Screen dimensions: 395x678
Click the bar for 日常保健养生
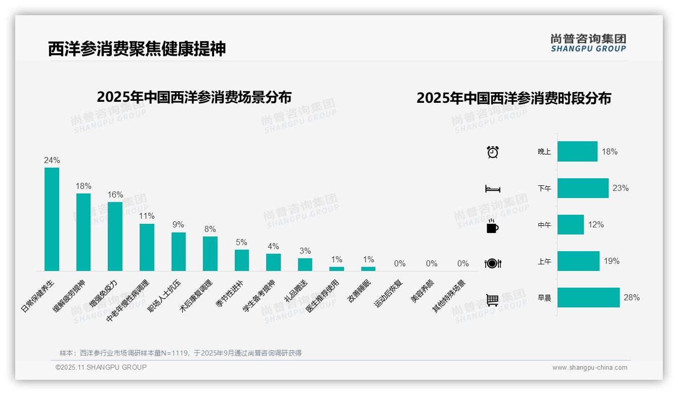(x=52, y=219)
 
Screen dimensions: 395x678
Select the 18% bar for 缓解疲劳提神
(x=83, y=232)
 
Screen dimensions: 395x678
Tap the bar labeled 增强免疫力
(x=115, y=236)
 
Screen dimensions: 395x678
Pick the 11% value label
(x=147, y=216)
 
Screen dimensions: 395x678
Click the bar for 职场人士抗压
(x=179, y=252)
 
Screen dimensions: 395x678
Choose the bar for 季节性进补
(x=242, y=260)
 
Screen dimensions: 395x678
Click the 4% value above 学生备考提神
(x=273, y=247)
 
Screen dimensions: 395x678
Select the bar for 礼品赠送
(x=305, y=264)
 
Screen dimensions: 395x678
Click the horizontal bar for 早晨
(x=588, y=298)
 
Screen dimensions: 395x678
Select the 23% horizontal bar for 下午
(x=583, y=188)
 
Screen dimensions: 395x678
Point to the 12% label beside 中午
(x=596, y=225)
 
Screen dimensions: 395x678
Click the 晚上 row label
(x=544, y=151)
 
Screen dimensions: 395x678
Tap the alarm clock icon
(x=493, y=152)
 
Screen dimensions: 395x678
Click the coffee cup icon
(x=492, y=226)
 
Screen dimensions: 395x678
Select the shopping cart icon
(x=492, y=300)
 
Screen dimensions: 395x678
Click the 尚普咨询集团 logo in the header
(x=588, y=43)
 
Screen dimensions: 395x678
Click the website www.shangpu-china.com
(x=589, y=368)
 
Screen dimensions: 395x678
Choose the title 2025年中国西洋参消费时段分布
(x=514, y=98)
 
